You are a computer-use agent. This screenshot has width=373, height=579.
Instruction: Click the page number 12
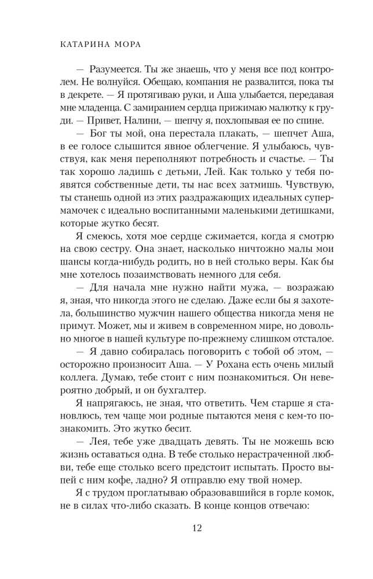point(186,528)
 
